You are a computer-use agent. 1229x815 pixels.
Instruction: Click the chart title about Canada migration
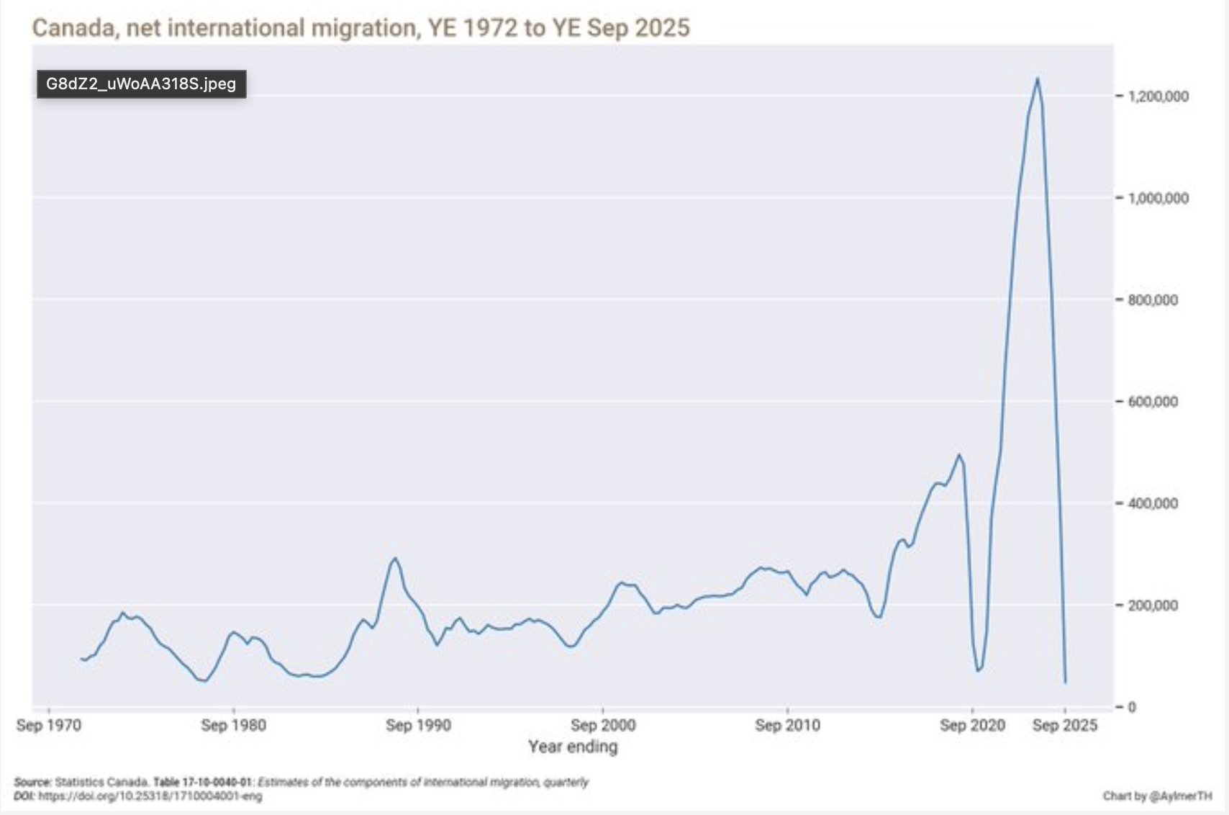tap(360, 28)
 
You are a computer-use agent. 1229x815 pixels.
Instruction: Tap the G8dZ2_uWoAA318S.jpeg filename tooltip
tap(141, 84)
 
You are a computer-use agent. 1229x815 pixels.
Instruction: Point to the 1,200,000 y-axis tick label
tap(1158, 96)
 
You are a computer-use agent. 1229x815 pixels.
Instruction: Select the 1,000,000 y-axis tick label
tap(1158, 198)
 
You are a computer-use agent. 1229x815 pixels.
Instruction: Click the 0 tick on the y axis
tap(1131, 707)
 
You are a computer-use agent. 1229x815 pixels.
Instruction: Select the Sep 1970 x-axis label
tap(49, 725)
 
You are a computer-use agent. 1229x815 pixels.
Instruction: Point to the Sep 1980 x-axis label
tap(233, 725)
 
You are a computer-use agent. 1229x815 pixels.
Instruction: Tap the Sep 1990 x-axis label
tap(418, 725)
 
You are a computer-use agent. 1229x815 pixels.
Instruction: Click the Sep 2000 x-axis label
tap(603, 725)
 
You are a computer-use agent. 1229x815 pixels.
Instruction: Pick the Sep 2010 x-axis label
tap(787, 725)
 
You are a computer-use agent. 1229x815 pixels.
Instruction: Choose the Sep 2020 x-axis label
tap(972, 725)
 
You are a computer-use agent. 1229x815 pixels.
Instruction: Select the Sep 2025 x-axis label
tap(1065, 725)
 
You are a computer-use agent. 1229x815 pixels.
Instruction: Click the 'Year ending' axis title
tap(573, 747)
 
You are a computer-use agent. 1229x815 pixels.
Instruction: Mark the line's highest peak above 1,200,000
tap(1037, 78)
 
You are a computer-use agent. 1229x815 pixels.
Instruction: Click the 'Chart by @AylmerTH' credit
tap(1157, 796)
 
